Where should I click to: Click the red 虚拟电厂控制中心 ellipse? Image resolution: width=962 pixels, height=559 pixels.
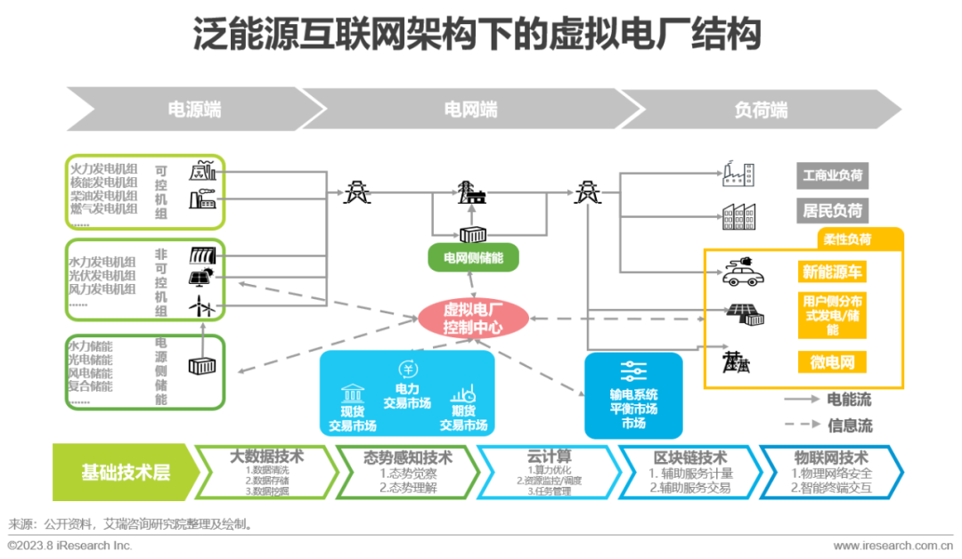pos(473,319)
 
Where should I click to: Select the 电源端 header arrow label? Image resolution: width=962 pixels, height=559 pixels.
pos(194,109)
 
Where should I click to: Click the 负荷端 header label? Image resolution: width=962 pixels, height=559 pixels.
pos(760,109)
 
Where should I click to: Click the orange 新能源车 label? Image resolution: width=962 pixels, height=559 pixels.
pos(832,272)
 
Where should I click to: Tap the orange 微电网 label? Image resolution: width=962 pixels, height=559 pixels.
pos(832,362)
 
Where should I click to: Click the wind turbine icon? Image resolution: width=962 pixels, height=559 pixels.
pos(202,307)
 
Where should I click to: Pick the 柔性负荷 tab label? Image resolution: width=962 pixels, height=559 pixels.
pos(847,239)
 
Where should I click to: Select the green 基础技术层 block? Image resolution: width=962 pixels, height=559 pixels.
pos(125,472)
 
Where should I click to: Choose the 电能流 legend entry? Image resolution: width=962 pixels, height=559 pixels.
pos(850,399)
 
